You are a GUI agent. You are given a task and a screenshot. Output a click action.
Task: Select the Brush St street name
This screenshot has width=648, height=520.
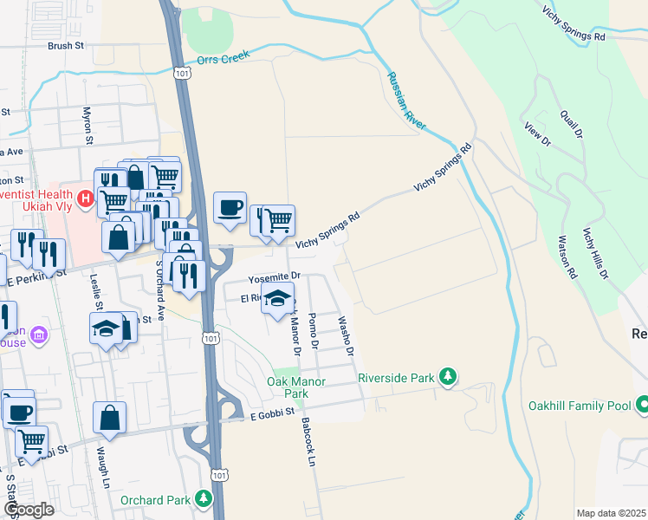(66, 46)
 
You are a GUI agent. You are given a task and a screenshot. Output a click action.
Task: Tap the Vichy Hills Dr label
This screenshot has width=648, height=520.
(596, 251)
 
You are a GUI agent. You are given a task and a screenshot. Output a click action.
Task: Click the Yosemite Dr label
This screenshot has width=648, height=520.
(273, 277)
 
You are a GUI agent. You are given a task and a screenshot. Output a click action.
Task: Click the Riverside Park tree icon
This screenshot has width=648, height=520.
(448, 376)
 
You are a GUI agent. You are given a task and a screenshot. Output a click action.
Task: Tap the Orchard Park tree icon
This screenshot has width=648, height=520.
(203, 498)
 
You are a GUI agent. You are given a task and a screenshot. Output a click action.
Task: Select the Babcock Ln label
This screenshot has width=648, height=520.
(306, 442)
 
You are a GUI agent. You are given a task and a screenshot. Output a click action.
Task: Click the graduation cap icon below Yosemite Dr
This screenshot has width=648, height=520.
(277, 300)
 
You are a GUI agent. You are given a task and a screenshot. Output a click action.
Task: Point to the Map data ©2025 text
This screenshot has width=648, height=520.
(610, 513)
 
